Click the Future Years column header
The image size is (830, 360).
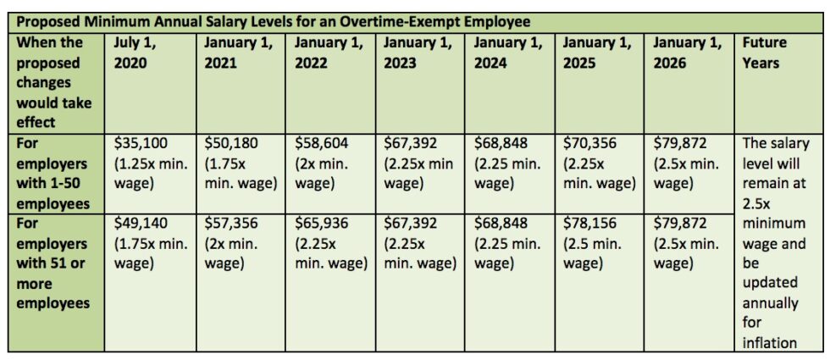(764, 52)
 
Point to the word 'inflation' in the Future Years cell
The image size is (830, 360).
(770, 342)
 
